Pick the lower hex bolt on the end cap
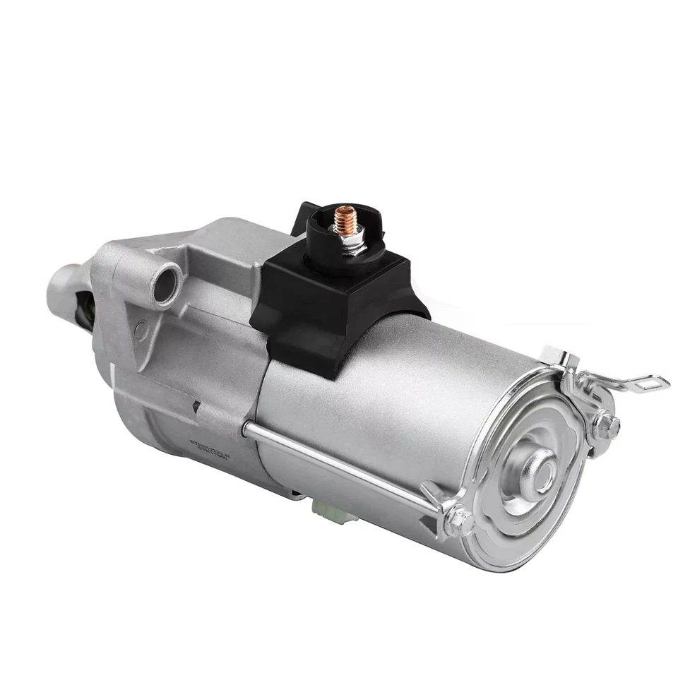coord(459,521)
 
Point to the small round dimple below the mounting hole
coord(141,327)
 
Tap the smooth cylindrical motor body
coord(395,395)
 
